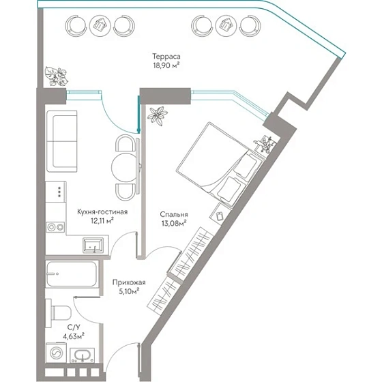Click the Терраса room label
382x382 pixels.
tap(166, 57)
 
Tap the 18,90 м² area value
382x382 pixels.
tap(166, 65)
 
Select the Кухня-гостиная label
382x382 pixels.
tap(102, 211)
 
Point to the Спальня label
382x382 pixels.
tap(174, 214)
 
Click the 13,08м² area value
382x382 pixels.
tap(174, 223)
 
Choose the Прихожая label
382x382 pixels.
tap(129, 282)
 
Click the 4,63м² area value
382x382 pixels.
tap(74, 336)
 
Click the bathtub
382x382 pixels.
tap(72, 274)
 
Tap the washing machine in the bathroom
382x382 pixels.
tap(56, 353)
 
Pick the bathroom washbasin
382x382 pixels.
tap(82, 355)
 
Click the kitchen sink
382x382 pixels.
tap(93, 246)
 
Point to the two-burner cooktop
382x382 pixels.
tap(55, 227)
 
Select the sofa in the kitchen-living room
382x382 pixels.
tap(61, 141)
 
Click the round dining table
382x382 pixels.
tap(124, 167)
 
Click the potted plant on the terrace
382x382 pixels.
tap(56, 76)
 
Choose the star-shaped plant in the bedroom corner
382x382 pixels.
tap(158, 116)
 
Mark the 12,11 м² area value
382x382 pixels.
tap(102, 221)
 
